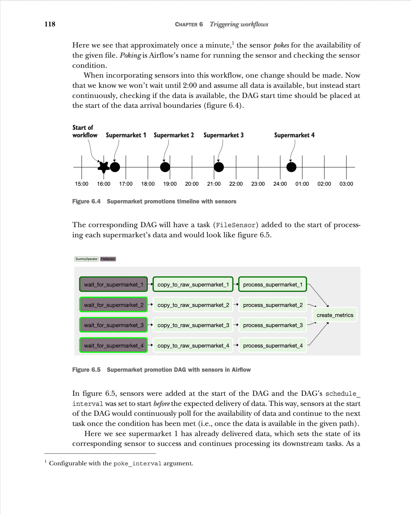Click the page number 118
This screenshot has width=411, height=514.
click(x=50, y=24)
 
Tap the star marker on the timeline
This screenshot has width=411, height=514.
click(x=104, y=167)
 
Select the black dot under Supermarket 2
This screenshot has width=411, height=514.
click(x=165, y=167)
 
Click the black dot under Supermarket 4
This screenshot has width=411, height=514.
click(x=291, y=167)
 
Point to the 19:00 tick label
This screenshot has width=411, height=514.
click(x=170, y=184)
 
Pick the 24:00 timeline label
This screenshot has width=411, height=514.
click(x=280, y=184)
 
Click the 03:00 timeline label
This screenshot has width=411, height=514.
click(x=346, y=184)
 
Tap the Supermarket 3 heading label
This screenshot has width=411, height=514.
click(x=223, y=135)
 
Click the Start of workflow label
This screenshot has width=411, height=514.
click(x=85, y=131)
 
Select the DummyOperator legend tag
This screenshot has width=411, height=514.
click(x=86, y=259)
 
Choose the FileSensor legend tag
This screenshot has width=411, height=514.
click(x=108, y=259)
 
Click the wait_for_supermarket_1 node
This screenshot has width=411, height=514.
click(x=113, y=285)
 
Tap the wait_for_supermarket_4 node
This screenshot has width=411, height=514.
click(x=113, y=345)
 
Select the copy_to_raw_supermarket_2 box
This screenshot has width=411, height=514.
click(x=193, y=305)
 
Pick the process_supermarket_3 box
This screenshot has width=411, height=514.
click(x=273, y=325)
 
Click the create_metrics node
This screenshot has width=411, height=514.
click(x=335, y=315)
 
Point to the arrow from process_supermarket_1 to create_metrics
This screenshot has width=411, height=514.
click(x=318, y=295)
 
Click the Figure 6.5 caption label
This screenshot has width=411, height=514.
click(x=86, y=370)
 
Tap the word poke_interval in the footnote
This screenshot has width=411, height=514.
click(x=137, y=463)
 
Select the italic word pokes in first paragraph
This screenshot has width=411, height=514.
click(x=281, y=45)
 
